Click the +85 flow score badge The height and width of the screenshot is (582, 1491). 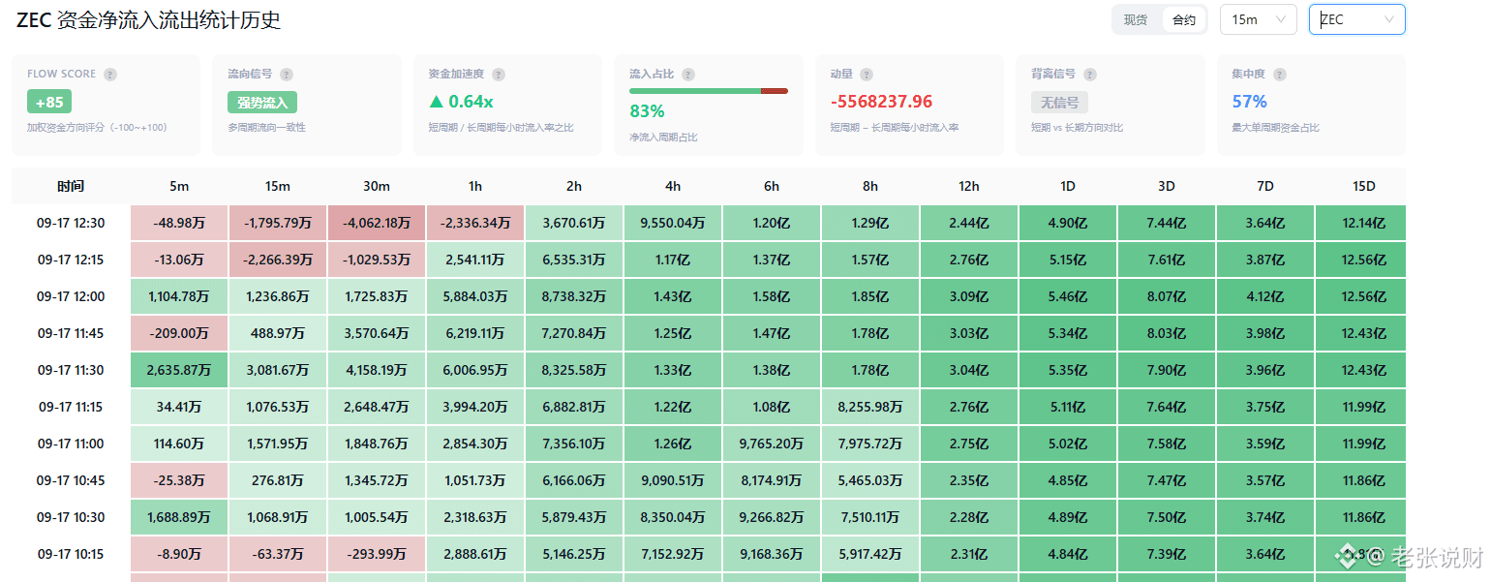pyautogui.click(x=49, y=102)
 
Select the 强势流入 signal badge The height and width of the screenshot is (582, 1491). pyautogui.click(x=262, y=103)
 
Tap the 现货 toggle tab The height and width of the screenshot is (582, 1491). pyautogui.click(x=1136, y=20)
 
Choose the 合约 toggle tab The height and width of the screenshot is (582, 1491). pyautogui.click(x=1183, y=20)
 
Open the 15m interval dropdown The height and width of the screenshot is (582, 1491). pyautogui.click(x=1258, y=19)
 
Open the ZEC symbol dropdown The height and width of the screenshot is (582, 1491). pyautogui.click(x=1356, y=19)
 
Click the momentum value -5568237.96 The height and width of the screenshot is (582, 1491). pyautogui.click(x=881, y=102)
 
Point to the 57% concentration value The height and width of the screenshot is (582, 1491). pyautogui.click(x=1249, y=102)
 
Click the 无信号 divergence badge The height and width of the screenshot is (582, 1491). pyautogui.click(x=1059, y=103)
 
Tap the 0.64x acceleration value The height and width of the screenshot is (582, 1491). pyautogui.click(x=461, y=102)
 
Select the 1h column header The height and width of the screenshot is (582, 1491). pyautogui.click(x=475, y=187)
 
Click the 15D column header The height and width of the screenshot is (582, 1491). pyautogui.click(x=1364, y=187)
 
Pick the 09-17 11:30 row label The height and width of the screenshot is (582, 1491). pyautogui.click(x=71, y=370)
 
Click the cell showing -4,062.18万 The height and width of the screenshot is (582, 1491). pyautogui.click(x=376, y=223)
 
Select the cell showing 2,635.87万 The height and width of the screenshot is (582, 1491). pyautogui.click(x=179, y=370)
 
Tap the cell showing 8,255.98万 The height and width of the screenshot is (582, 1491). pyautogui.click(x=870, y=407)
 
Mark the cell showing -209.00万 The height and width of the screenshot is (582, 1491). pyautogui.click(x=179, y=334)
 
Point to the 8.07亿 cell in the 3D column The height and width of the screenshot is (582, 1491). pyautogui.click(x=1166, y=296)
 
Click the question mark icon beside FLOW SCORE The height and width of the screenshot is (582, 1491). pyautogui.click(x=110, y=75)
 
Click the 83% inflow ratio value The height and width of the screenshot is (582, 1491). pyautogui.click(x=647, y=111)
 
